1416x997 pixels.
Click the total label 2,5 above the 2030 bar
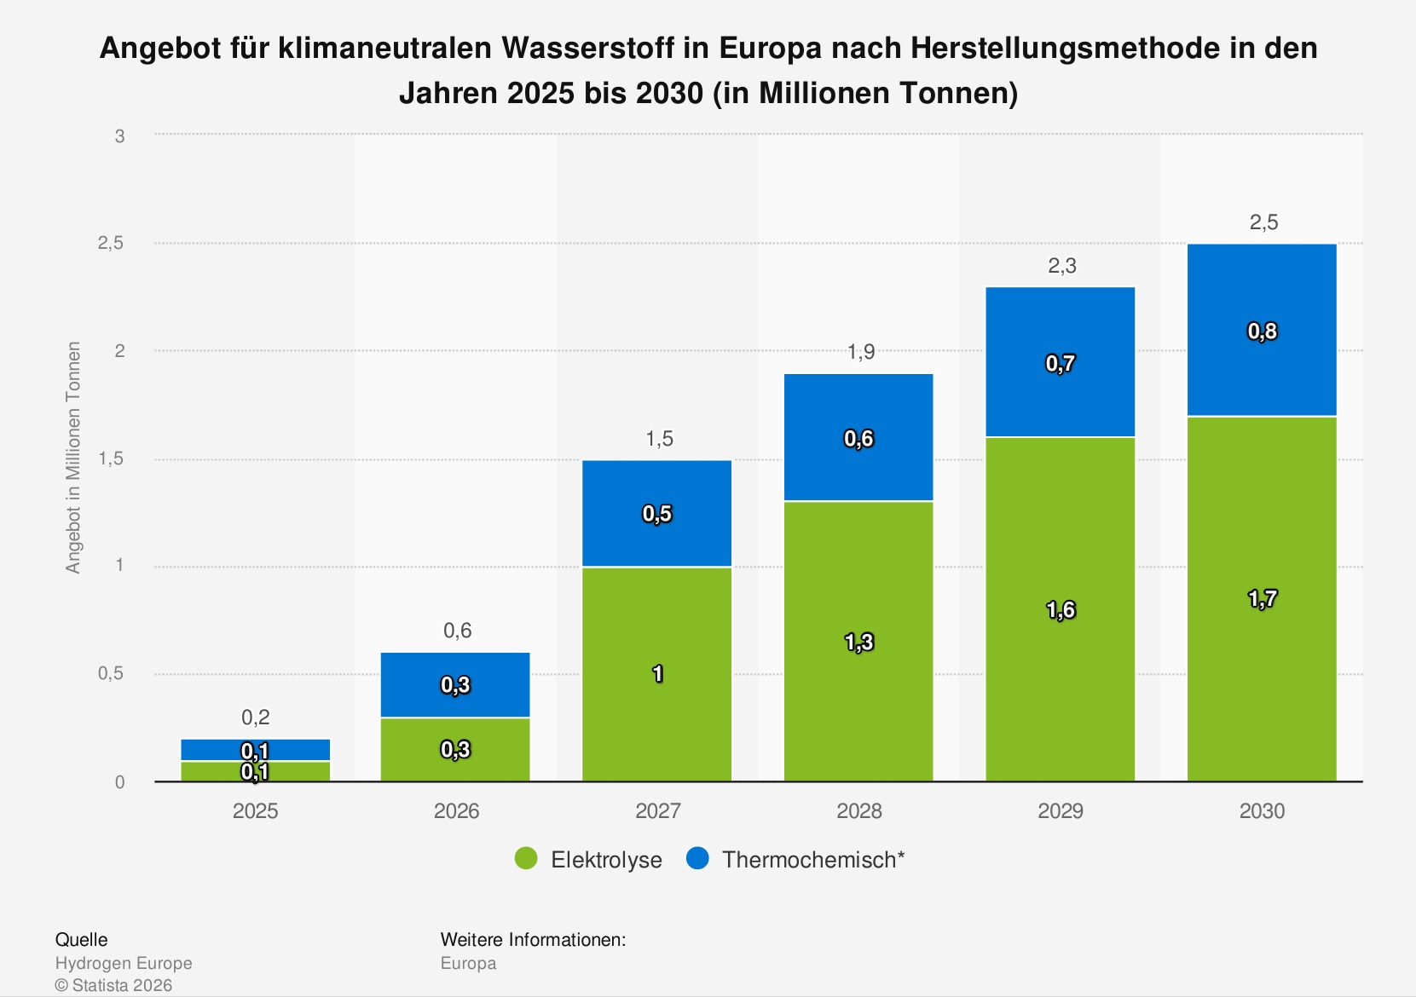click(x=1263, y=222)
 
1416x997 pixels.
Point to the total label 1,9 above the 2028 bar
click(x=860, y=352)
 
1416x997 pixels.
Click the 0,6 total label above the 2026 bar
click(x=457, y=631)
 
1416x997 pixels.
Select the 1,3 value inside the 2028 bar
click(x=859, y=643)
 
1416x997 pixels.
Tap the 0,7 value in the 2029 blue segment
click(x=1061, y=364)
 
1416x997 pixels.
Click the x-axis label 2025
click(x=255, y=810)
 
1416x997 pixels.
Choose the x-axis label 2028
click(x=859, y=810)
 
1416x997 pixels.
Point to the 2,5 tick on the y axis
click(x=111, y=243)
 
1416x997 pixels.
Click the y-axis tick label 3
click(x=120, y=135)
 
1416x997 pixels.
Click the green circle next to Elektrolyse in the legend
click(x=526, y=859)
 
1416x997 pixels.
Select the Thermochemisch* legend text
click(x=812, y=859)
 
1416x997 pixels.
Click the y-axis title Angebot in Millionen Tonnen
click(x=73, y=458)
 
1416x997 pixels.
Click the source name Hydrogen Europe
click(x=124, y=963)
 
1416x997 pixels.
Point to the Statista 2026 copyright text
click(x=113, y=985)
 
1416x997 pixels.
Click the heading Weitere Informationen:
click(x=533, y=940)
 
